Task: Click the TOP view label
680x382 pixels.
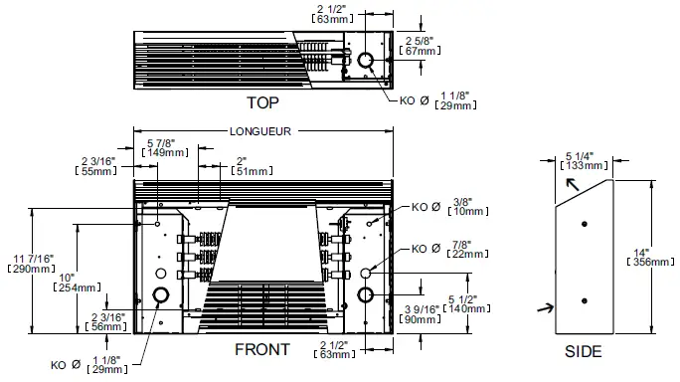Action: pyautogui.click(x=262, y=102)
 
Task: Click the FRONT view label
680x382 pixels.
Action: pyautogui.click(x=261, y=350)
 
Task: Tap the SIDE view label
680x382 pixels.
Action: pyautogui.click(x=583, y=351)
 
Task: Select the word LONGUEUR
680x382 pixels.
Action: pyautogui.click(x=260, y=131)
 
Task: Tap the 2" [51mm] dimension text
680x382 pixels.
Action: pyautogui.click(x=246, y=165)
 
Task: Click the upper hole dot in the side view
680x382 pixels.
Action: pyautogui.click(x=585, y=224)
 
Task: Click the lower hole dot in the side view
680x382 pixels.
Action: pyautogui.click(x=585, y=301)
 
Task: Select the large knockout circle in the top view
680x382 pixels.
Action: pyautogui.click(x=366, y=62)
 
